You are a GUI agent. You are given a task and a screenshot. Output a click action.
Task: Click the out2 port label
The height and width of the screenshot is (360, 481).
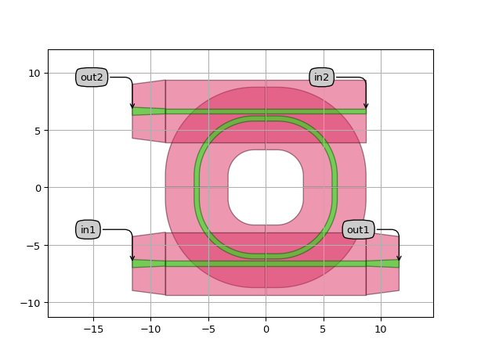(92, 77)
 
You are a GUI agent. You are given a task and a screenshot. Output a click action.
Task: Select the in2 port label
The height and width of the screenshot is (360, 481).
(321, 77)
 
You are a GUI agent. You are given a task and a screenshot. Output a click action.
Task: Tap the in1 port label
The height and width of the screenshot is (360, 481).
(88, 229)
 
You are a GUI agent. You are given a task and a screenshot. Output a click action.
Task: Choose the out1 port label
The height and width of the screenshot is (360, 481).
(358, 229)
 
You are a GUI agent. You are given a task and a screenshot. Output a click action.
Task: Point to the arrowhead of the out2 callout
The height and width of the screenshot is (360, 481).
(132, 106)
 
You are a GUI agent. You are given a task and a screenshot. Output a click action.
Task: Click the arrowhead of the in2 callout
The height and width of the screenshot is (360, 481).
(366, 106)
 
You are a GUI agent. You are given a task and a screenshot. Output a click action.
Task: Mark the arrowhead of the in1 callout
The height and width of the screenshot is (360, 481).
(132, 258)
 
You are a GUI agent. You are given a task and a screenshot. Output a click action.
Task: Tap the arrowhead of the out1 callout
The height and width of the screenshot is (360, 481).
(399, 258)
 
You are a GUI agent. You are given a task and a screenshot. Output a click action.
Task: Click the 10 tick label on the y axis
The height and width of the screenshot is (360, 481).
(34, 74)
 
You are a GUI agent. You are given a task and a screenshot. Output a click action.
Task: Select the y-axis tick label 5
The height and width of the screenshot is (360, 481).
(38, 131)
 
